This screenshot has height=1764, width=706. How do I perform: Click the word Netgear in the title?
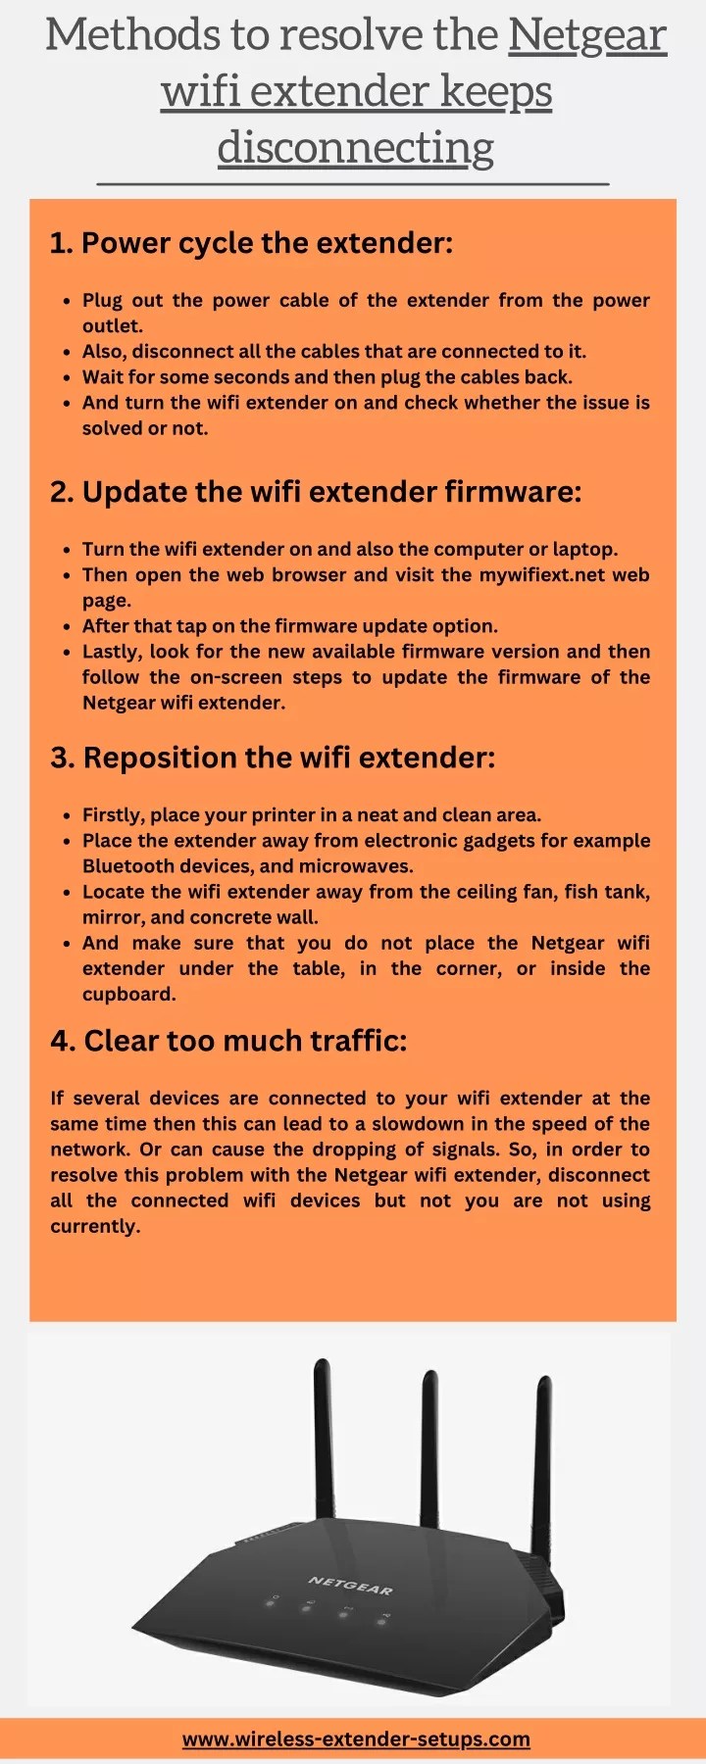587,36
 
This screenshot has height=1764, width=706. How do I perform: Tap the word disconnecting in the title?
355,148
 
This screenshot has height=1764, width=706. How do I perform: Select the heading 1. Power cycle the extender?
251,243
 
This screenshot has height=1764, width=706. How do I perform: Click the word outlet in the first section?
111,326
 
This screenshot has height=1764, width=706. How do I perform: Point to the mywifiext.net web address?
542,575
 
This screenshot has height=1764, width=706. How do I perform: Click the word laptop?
584,550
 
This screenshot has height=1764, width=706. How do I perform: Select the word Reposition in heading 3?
160,758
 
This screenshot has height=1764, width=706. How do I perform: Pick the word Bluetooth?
127,866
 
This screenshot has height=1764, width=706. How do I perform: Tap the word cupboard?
127,995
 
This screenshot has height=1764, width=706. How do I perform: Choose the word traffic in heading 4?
357,1041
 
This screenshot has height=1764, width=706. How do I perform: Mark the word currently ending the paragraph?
94,1227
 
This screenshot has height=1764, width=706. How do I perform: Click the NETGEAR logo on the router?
350,1585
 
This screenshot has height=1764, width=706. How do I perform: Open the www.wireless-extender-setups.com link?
356,1739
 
